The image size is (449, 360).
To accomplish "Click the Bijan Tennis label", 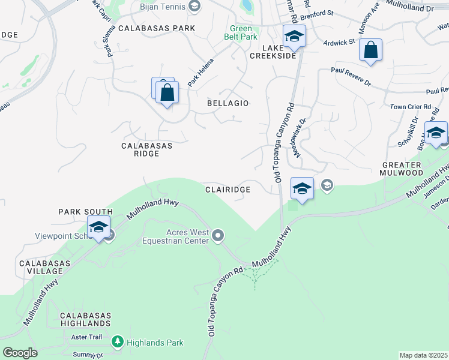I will click(163, 6).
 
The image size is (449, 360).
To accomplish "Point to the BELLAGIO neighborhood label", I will click(228, 103).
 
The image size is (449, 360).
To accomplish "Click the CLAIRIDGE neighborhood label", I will click(228, 189).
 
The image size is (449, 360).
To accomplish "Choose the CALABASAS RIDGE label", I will click(147, 149).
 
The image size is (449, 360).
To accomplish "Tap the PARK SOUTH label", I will click(85, 212).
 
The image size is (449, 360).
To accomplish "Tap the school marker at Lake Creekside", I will click(294, 37).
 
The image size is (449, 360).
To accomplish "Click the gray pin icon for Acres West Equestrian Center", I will click(218, 235).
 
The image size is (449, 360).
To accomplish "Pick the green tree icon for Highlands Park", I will click(117, 343).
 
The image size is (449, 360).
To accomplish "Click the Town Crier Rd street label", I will click(411, 106).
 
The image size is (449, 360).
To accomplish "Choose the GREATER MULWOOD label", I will click(403, 169).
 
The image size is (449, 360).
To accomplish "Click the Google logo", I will click(20, 353).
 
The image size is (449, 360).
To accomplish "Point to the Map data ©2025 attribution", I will click(424, 355).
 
